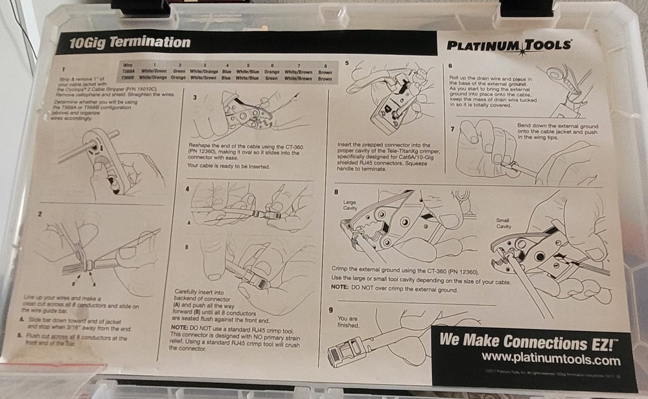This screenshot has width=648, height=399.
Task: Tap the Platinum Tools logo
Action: point(509,45)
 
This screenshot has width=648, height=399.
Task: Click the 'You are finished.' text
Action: point(347,322)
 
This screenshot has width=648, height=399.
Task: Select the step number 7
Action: point(451,128)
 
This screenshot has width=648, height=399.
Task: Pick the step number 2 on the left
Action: point(40,212)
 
